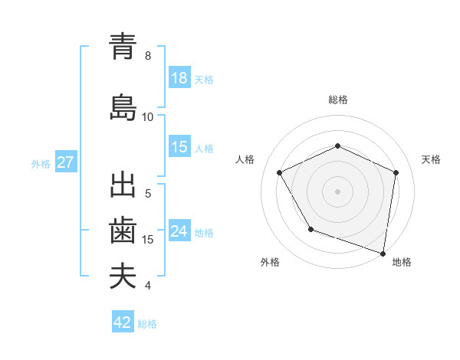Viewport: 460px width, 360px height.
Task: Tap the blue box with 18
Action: click(x=179, y=78)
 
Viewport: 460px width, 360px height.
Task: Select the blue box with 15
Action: click(x=179, y=147)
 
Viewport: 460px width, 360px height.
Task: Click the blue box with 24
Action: click(x=179, y=231)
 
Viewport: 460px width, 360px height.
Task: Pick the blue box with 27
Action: click(x=65, y=162)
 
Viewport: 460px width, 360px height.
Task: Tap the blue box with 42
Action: click(x=123, y=322)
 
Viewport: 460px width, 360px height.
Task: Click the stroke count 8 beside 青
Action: click(x=148, y=56)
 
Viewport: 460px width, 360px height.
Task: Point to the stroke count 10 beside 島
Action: click(x=148, y=117)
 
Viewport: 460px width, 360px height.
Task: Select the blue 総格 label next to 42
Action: click(x=147, y=324)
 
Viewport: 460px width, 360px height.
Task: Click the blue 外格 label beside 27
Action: click(x=41, y=163)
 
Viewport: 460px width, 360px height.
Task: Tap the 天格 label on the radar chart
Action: click(x=431, y=159)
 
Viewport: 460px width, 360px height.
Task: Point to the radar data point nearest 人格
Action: click(x=280, y=172)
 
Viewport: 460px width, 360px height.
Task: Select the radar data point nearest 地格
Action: click(x=383, y=253)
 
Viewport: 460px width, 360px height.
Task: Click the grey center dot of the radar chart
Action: click(x=337, y=191)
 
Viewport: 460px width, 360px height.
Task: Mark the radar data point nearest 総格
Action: click(x=337, y=146)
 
